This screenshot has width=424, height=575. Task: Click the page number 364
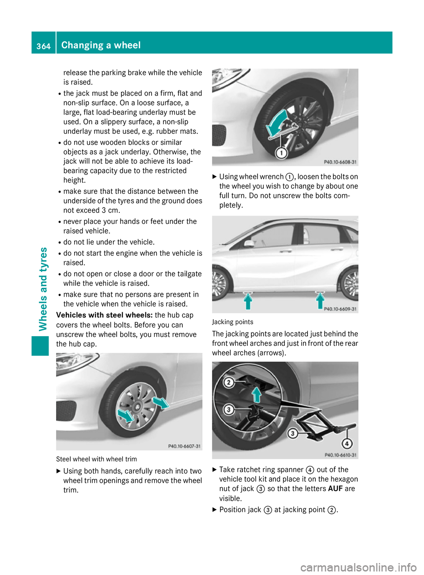43,46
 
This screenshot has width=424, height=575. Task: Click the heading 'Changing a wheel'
101,45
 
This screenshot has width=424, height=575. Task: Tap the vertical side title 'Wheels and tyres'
43,289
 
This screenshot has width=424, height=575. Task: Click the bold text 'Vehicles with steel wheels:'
104,315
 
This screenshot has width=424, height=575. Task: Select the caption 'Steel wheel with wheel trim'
96,459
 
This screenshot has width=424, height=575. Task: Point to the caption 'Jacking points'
232,322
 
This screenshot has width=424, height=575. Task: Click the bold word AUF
335,489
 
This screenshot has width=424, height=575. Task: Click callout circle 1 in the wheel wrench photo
281,153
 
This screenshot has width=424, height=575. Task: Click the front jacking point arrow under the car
248,301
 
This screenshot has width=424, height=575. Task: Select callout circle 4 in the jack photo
347,443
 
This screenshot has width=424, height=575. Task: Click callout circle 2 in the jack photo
228,382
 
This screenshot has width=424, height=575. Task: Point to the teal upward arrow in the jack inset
256,394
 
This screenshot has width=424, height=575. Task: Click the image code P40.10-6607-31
184,446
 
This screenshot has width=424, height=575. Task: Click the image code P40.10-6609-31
340,309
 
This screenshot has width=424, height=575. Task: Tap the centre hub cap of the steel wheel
137,406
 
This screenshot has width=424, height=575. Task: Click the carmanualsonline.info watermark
358,567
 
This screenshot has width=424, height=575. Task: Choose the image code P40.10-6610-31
341,455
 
